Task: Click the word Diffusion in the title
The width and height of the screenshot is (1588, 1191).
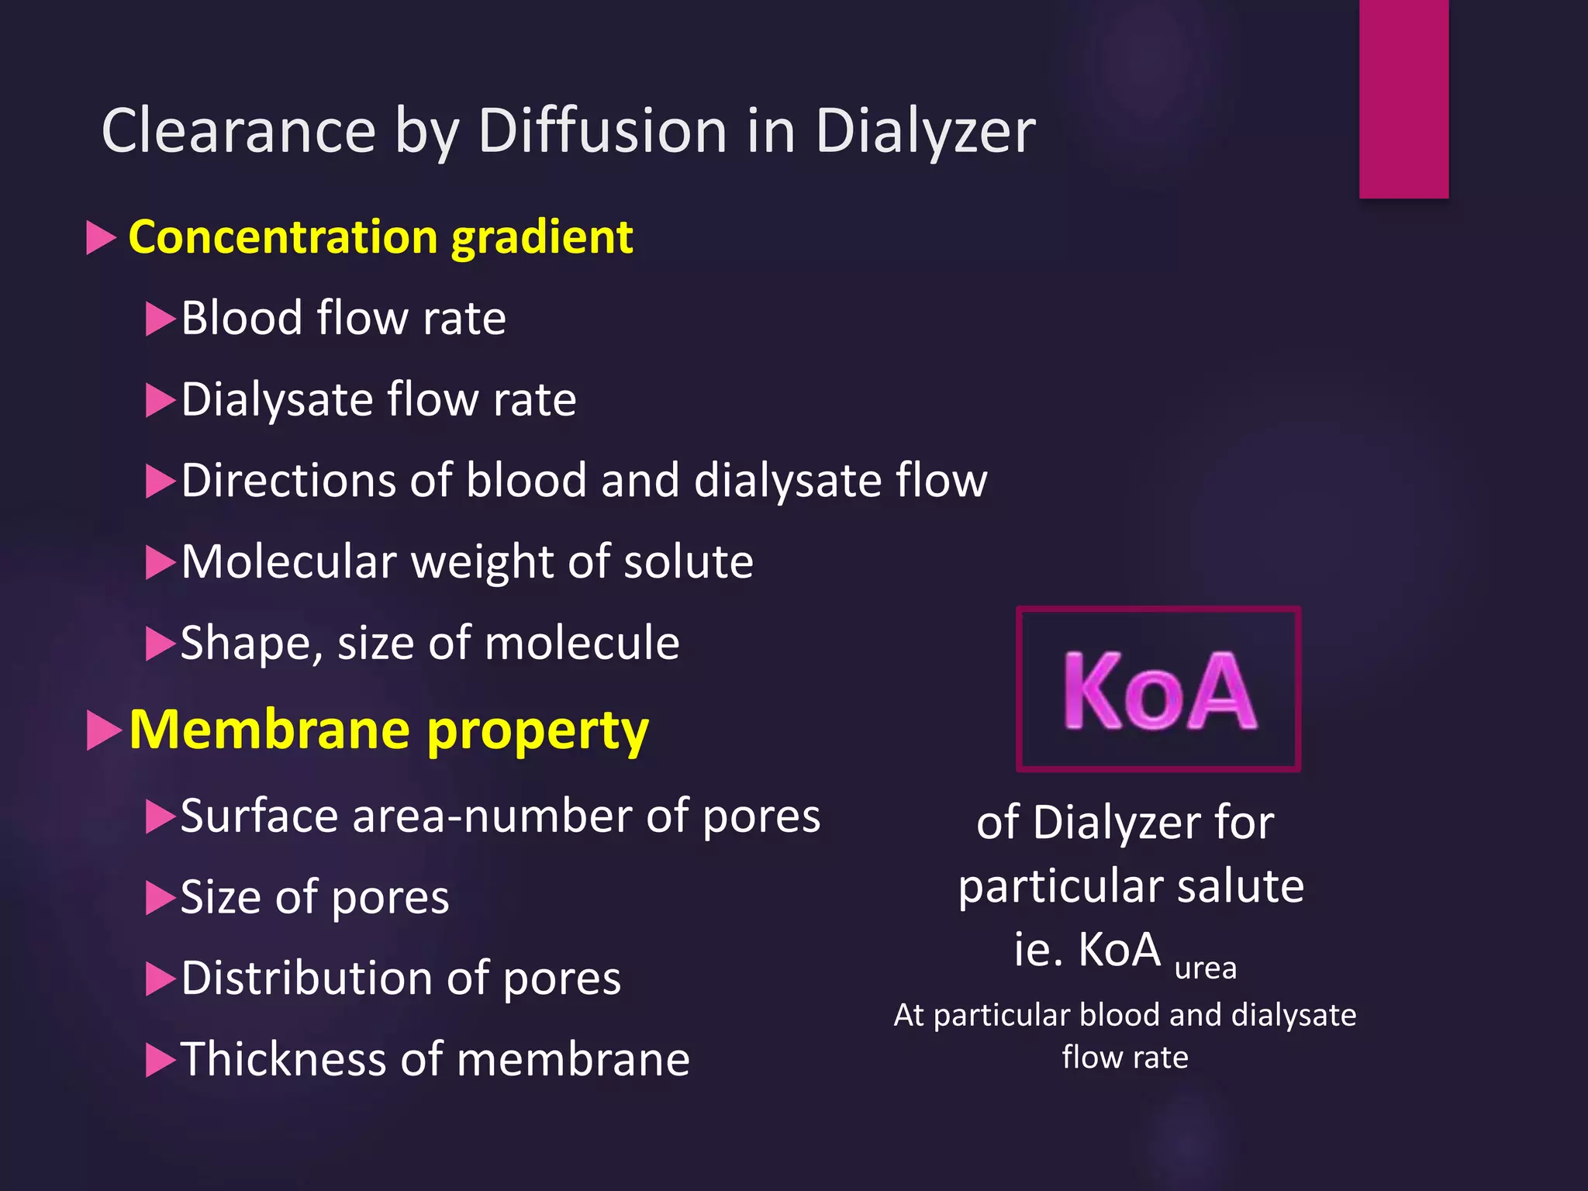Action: coord(602,130)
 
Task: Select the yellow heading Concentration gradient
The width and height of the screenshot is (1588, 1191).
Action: coord(380,236)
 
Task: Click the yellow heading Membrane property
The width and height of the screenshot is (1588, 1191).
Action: coord(388,730)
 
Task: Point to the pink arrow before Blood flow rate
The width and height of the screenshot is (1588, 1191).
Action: coord(161,319)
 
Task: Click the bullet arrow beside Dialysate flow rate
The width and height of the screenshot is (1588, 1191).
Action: coord(161,400)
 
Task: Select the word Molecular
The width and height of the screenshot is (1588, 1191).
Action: coord(288,561)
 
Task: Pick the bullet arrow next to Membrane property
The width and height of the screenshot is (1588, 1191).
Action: coord(103,730)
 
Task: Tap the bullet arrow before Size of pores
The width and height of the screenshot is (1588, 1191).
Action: coord(161,898)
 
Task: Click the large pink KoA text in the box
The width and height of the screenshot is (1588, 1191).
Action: coord(1158,690)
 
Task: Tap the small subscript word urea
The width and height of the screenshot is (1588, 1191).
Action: coord(1205,968)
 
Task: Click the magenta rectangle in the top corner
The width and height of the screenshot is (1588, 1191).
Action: coord(1403,98)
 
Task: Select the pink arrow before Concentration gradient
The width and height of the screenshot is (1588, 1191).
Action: coord(101,237)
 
